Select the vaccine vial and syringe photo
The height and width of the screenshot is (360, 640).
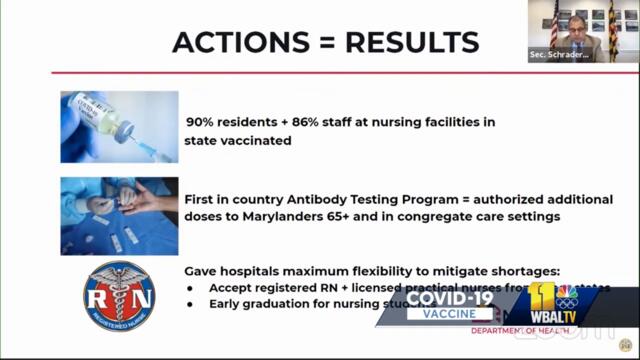pyautogui.click(x=119, y=127)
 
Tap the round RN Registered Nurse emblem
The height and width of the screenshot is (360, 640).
pyautogui.click(x=119, y=297)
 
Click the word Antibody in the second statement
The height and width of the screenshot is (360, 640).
pyautogui.click(x=307, y=200)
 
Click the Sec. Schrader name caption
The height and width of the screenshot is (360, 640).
pyautogui.click(x=561, y=56)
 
